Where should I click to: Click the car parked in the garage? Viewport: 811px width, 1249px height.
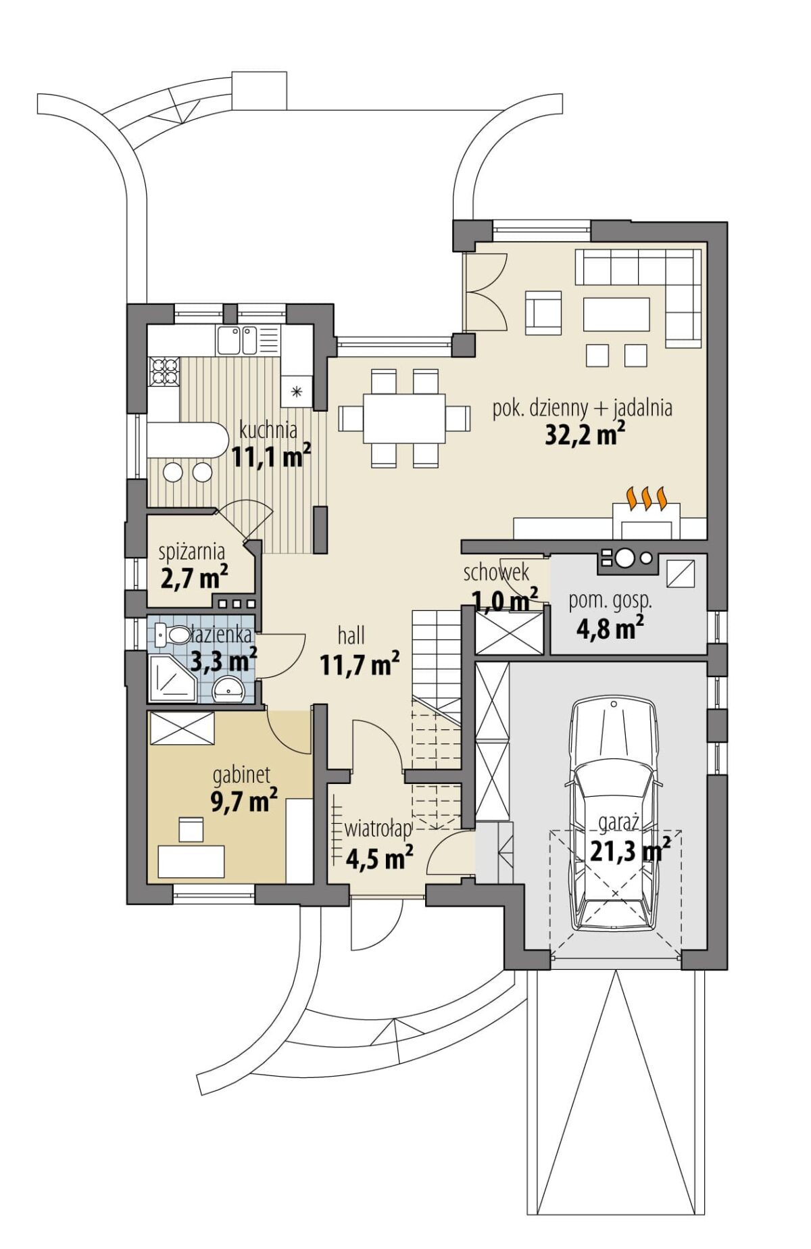(614, 814)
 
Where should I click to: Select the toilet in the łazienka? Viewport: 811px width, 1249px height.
(173, 634)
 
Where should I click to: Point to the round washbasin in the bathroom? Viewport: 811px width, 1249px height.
(229, 690)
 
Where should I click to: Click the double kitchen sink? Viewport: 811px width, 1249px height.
(236, 339)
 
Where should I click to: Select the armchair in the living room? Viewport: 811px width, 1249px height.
(543, 313)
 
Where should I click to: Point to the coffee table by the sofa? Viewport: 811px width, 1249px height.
(616, 314)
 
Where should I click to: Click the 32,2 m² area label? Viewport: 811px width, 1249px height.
(585, 433)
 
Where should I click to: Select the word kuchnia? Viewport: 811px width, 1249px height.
(268, 430)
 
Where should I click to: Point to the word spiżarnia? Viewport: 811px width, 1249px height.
(191, 553)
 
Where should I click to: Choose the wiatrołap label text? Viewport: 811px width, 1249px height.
(378, 829)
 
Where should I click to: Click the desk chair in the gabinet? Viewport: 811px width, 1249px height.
(191, 829)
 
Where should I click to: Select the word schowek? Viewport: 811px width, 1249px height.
(496, 572)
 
